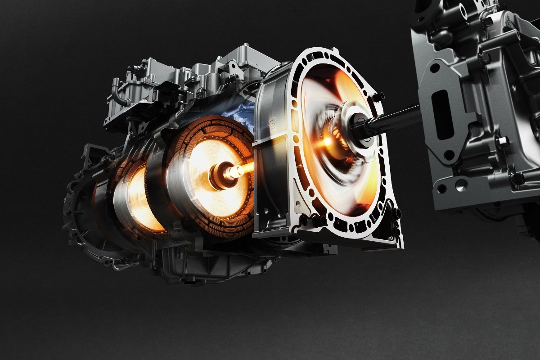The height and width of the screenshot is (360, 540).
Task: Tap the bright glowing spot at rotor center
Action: (325, 143)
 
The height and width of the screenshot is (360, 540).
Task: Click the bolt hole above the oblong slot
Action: (435, 68)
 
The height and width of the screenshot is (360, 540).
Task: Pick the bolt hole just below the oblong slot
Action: (449, 155)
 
